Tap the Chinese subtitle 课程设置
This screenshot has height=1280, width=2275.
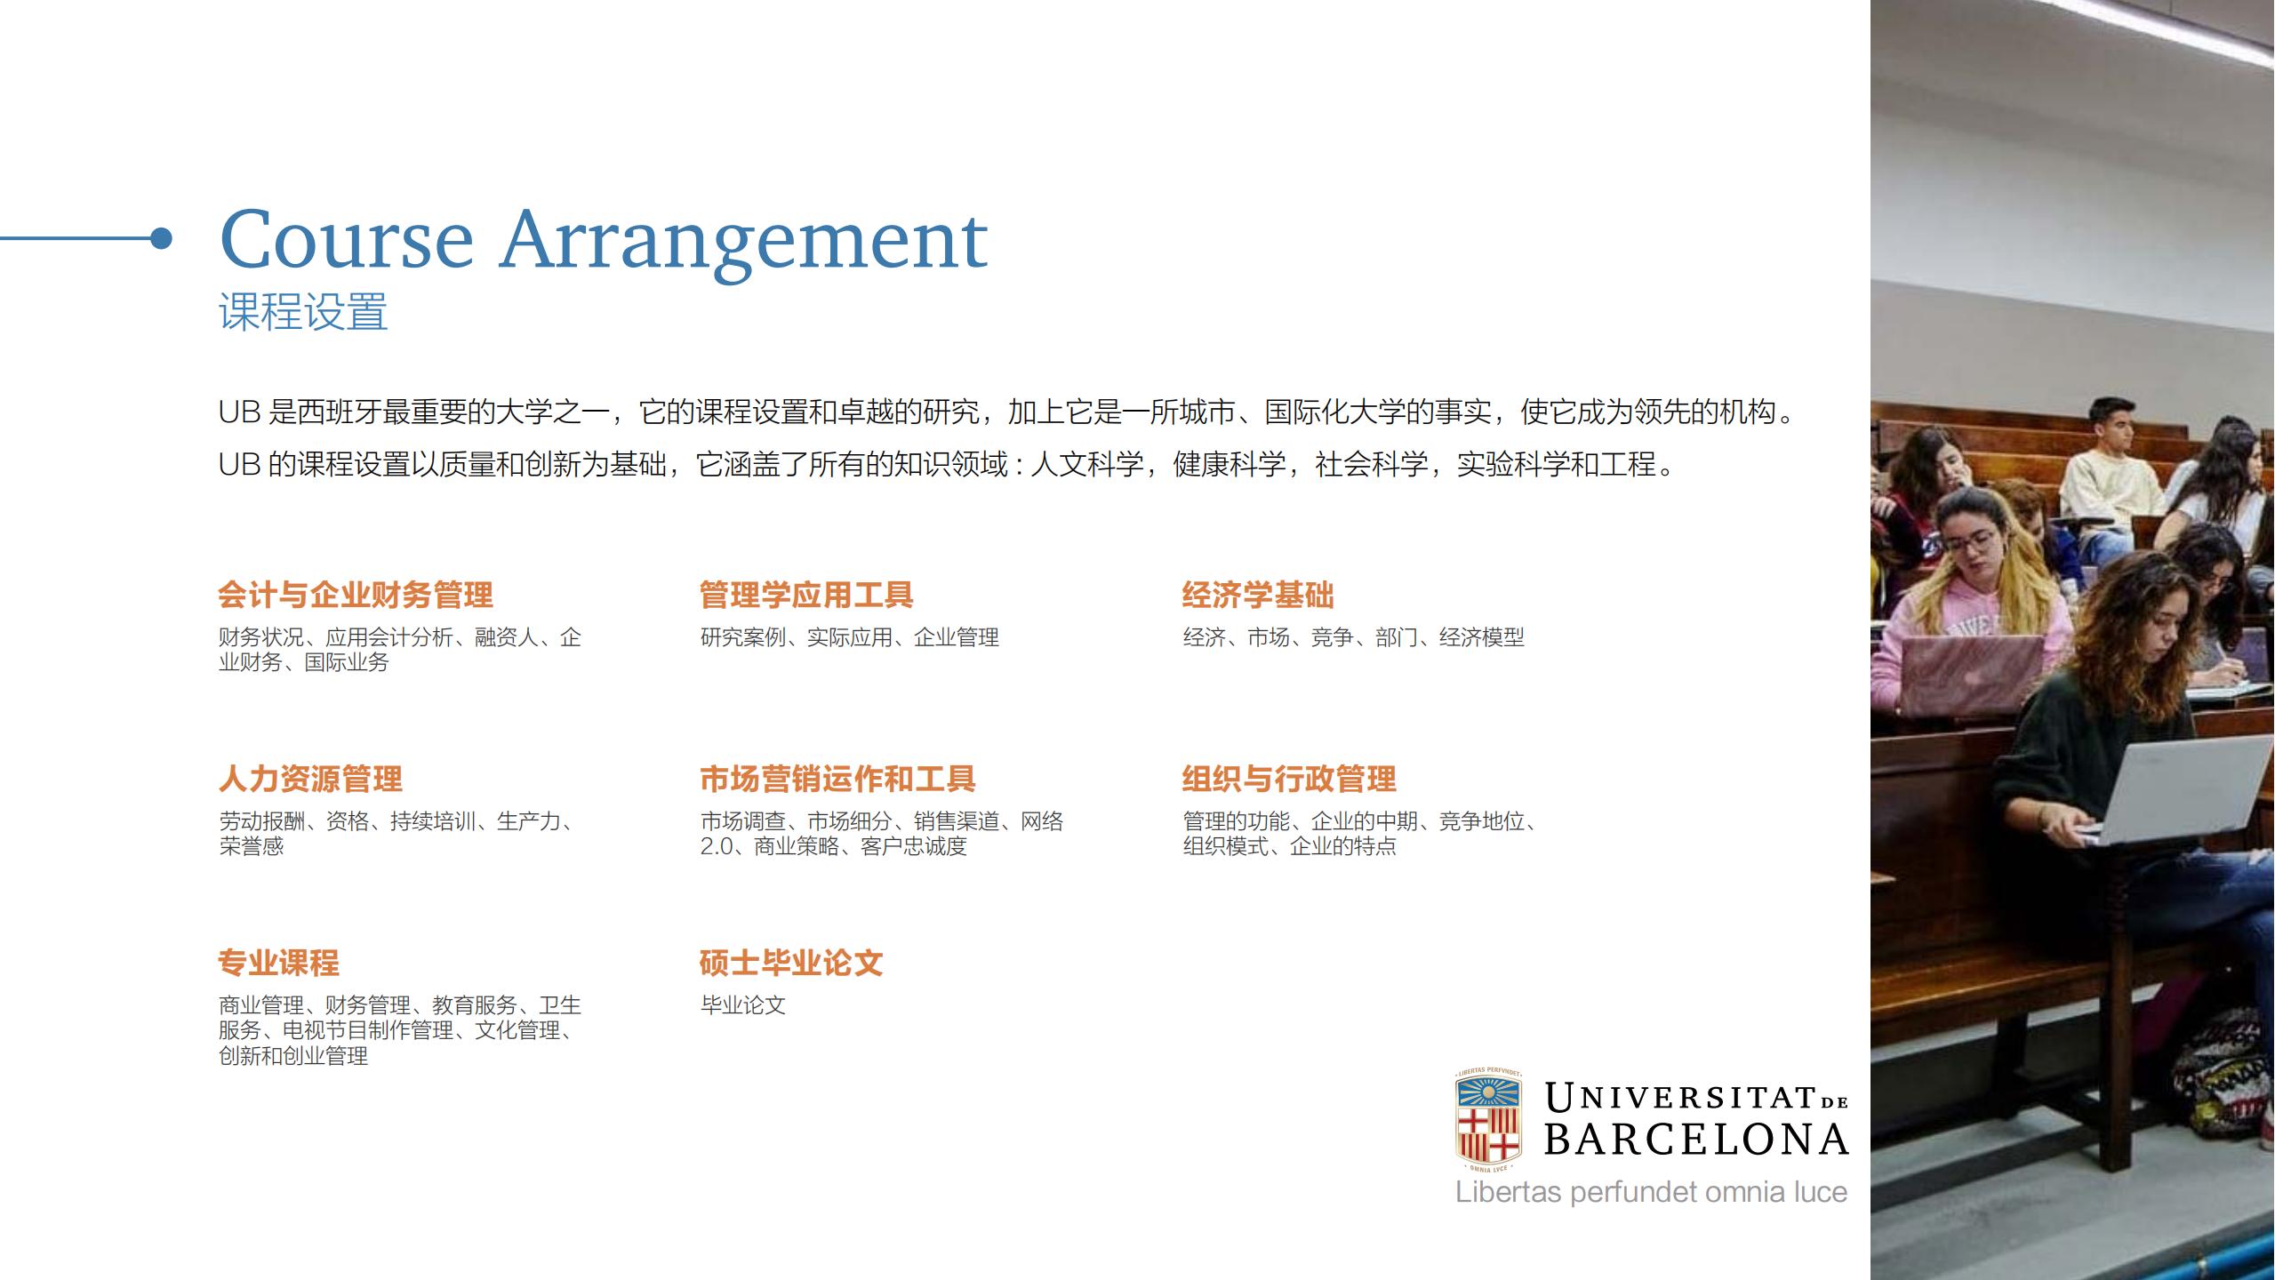click(x=303, y=312)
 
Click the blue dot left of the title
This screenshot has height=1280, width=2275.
click(x=161, y=238)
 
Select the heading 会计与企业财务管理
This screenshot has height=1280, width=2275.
click(x=356, y=595)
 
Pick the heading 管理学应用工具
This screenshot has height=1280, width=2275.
click(x=806, y=595)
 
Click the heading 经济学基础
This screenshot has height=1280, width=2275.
click(x=1258, y=595)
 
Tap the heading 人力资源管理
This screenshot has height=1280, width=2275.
click(x=310, y=779)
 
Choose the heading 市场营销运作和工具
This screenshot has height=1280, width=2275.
click(x=837, y=779)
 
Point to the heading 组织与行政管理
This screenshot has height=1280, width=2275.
click(x=1289, y=779)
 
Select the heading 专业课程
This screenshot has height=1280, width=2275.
click(x=279, y=963)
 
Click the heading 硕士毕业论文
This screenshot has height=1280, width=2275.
click(x=791, y=963)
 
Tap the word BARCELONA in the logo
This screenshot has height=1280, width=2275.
click(x=1696, y=1140)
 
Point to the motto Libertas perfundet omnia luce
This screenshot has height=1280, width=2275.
click(x=1651, y=1192)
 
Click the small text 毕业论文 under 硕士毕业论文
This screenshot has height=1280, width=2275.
click(x=743, y=1005)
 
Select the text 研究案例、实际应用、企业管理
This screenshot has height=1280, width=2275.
click(x=850, y=637)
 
